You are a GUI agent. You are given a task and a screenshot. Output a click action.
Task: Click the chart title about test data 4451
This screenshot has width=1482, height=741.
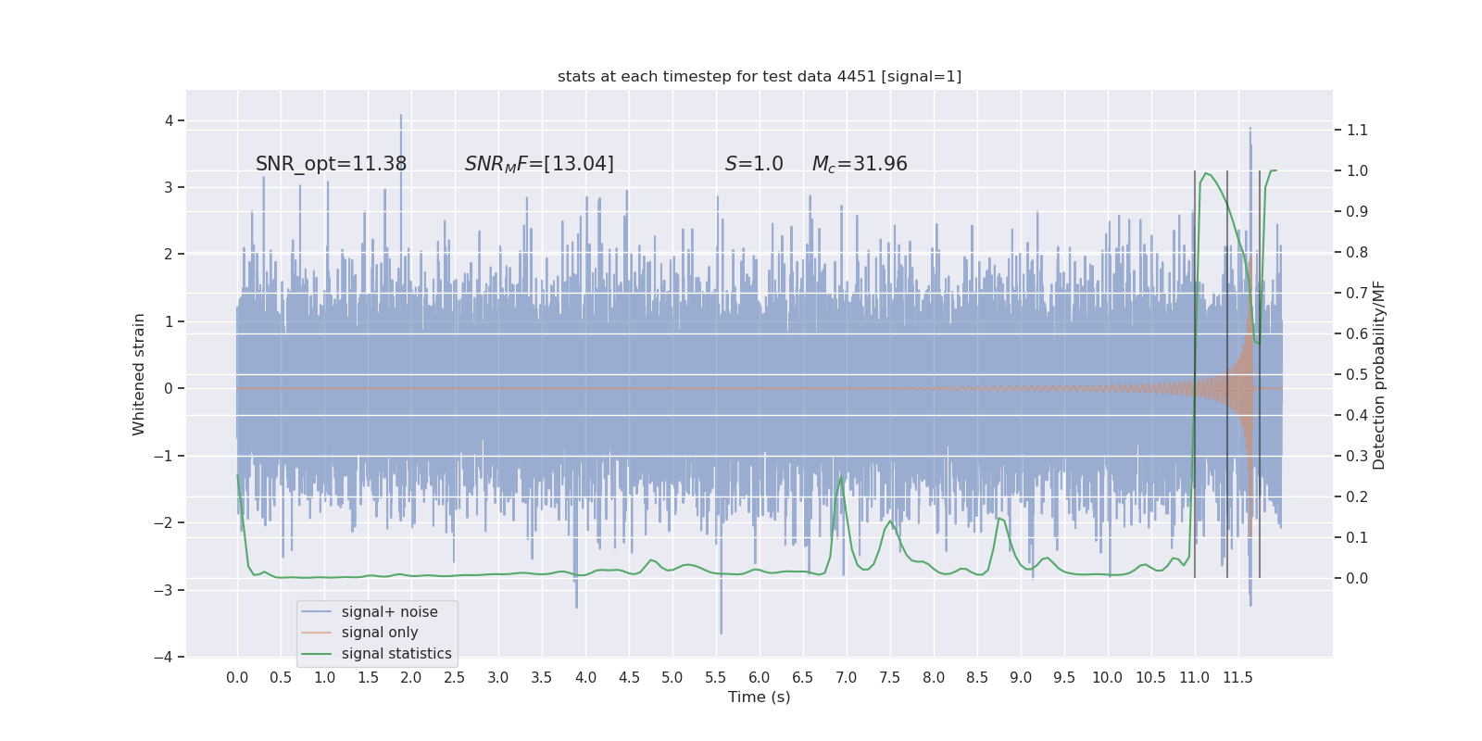point(760,77)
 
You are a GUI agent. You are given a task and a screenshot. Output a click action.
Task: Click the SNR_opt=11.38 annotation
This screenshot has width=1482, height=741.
point(331,164)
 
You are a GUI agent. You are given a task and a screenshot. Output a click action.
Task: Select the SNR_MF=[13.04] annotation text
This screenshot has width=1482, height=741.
point(539,164)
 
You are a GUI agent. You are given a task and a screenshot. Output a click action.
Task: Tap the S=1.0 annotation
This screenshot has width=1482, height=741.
point(754,164)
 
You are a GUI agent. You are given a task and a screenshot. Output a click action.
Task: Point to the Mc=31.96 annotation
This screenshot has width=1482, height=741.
point(860,164)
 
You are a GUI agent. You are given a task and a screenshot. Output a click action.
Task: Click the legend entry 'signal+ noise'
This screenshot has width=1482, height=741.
point(389,612)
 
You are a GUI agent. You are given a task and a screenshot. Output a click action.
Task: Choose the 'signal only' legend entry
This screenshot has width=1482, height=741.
point(380,633)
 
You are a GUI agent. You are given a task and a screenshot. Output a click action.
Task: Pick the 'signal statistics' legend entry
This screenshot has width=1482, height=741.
point(396,654)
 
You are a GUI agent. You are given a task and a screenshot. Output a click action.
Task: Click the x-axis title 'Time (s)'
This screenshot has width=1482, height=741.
point(760,697)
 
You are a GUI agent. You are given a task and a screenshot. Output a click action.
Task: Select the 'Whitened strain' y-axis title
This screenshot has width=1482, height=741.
point(139,374)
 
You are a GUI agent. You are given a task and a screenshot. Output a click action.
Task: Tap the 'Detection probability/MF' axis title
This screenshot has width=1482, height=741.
point(1378,375)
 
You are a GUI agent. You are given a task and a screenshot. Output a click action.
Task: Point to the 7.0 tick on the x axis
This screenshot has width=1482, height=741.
point(846,678)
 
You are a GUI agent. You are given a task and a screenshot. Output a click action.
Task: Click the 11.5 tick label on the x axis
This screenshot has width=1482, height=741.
point(1237,678)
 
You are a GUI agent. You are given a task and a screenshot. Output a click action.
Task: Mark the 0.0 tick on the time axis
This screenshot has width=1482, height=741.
point(237,678)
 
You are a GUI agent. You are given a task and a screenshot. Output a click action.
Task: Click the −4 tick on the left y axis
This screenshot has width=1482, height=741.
point(168,658)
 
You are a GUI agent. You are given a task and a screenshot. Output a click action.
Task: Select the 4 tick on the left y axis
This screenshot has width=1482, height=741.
point(170,120)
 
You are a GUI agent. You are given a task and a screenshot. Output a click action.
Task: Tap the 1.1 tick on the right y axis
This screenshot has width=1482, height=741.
point(1357,131)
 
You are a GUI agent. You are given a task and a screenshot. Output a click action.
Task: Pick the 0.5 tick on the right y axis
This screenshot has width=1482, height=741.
point(1357,375)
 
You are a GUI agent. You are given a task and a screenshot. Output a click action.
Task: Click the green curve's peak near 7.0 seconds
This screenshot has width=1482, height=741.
point(841,477)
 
